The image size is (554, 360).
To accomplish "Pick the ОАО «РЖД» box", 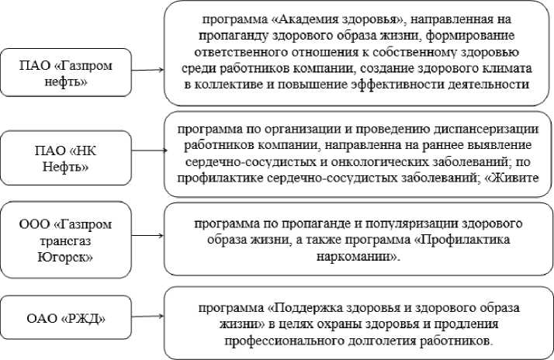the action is [65, 318].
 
